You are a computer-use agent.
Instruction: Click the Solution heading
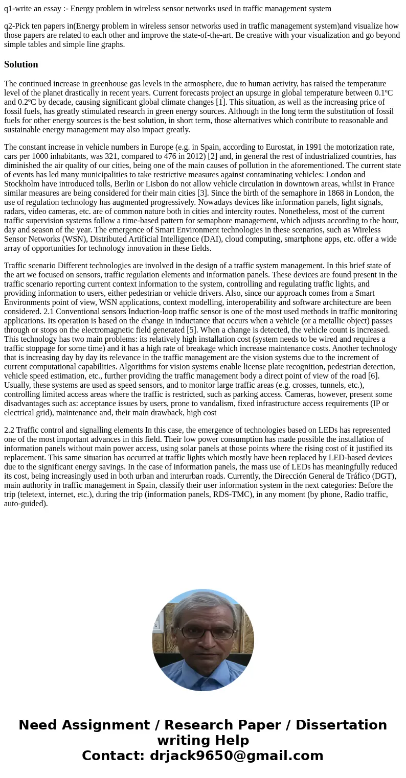[21, 64]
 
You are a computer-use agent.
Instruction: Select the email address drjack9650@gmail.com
[236, 756]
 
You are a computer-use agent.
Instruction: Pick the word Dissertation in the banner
[341, 725]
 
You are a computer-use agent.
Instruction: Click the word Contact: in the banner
[114, 756]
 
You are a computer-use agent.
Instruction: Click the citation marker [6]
[373, 376]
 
